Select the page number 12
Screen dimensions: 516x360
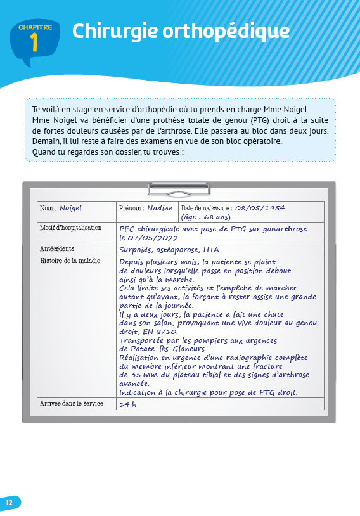[x=9, y=503]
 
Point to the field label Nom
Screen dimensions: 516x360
[x=47, y=209]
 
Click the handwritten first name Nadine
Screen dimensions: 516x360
[x=160, y=209]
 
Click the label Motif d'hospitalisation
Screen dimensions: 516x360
[x=70, y=227]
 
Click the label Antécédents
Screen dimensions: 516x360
[x=57, y=249]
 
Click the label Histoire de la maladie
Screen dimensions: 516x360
[x=70, y=261]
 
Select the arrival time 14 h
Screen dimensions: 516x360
[x=127, y=404]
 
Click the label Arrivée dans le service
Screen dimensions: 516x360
[x=70, y=403]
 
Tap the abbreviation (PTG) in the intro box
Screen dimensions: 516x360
[x=260, y=120]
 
